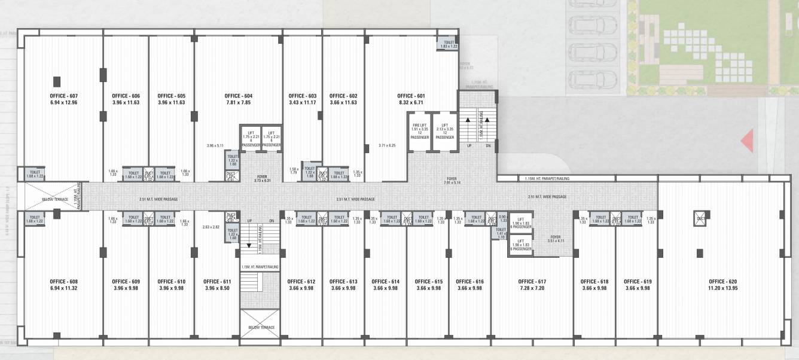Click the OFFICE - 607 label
click(64, 96)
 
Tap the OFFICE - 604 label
click(238, 96)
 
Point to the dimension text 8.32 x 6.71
click(411, 102)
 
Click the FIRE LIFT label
click(419, 126)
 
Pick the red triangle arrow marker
click(746, 142)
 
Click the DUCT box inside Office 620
click(700, 219)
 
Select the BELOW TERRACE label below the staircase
click(261, 328)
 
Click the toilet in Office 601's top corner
click(449, 44)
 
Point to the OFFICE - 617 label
click(532, 281)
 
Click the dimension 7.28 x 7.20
click(532, 288)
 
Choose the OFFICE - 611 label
click(217, 281)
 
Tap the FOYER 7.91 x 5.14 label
click(452, 180)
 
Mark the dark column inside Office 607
click(57, 81)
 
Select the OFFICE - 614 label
click(385, 281)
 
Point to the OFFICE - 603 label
click(302, 96)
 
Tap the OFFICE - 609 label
click(126, 281)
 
